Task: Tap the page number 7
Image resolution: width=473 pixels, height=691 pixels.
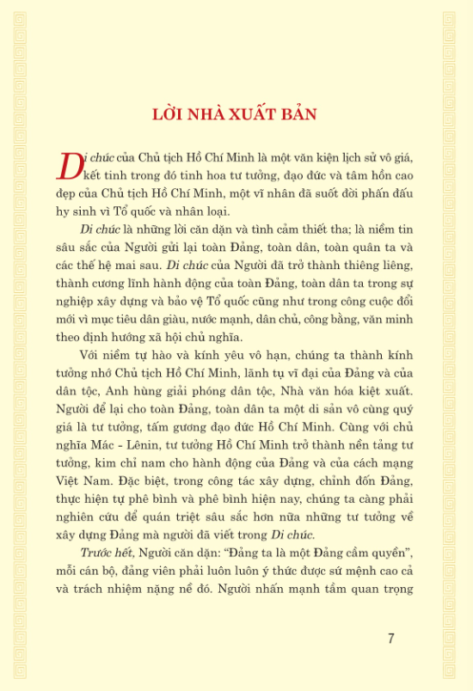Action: pyautogui.click(x=391, y=638)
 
